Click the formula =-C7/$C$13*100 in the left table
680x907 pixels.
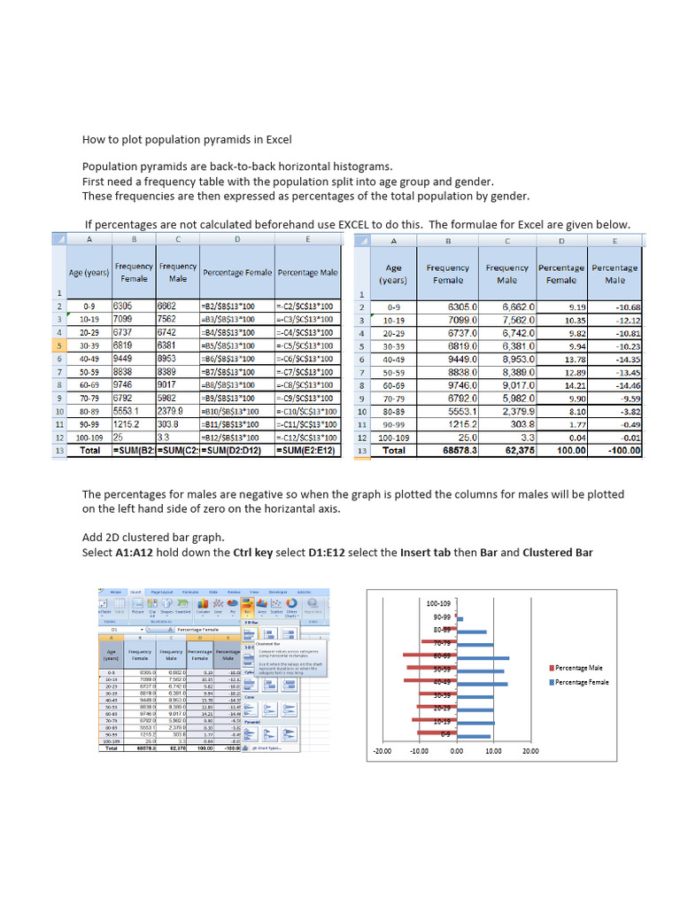[x=305, y=372]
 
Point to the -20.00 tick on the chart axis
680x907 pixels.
[x=382, y=751]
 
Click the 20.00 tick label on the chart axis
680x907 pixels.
[x=529, y=751]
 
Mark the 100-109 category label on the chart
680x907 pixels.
[x=438, y=603]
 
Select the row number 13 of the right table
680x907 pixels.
[x=361, y=451]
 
